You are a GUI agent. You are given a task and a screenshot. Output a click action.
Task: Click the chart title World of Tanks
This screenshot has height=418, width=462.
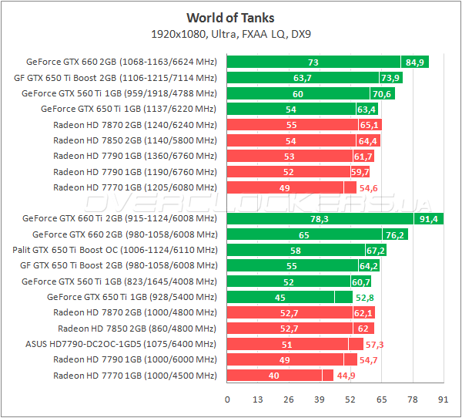(x=230, y=18)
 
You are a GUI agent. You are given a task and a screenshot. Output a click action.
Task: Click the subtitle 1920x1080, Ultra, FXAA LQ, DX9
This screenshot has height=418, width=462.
(x=230, y=35)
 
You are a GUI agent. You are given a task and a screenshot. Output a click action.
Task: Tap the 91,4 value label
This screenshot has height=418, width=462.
(x=429, y=219)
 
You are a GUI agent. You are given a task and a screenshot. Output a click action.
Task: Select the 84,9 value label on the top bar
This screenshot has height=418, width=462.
(x=415, y=62)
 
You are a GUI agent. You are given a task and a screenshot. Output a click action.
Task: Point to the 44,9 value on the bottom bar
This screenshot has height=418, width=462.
(x=344, y=376)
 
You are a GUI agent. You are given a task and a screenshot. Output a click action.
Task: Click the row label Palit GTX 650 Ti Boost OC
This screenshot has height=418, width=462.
(x=115, y=251)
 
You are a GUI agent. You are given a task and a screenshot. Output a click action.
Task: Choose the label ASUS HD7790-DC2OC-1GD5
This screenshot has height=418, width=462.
(x=121, y=344)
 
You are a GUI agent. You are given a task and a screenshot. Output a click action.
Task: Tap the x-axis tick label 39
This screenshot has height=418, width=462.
(x=320, y=399)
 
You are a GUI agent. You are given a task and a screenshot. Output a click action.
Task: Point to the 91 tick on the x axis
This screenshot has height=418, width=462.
(x=443, y=399)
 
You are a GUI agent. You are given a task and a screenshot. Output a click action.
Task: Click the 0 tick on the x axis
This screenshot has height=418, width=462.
(x=227, y=399)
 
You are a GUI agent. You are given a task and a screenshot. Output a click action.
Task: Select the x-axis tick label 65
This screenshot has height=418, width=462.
(x=381, y=399)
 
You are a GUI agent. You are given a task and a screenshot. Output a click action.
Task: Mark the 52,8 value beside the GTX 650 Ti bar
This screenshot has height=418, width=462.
(x=364, y=298)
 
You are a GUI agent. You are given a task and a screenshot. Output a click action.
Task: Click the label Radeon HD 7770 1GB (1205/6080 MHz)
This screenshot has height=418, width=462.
(x=135, y=187)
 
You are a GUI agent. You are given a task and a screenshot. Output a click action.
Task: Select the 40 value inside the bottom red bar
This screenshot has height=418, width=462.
(x=274, y=376)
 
